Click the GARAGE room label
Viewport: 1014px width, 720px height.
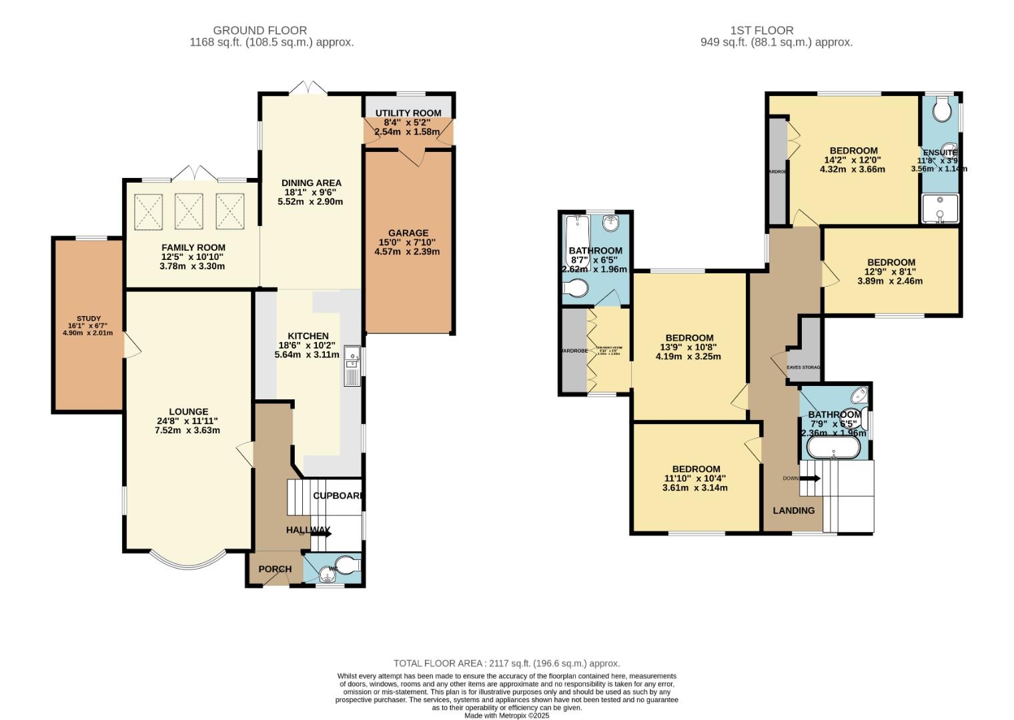tap(408, 233)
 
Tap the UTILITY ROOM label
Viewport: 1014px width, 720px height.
tap(408, 113)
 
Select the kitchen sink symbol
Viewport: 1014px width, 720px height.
tap(352, 365)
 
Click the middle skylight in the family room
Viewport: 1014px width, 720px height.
tap(189, 211)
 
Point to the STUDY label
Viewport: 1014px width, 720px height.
tap(88, 319)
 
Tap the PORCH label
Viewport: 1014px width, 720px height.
tap(275, 569)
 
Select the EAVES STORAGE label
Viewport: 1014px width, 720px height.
tap(803, 367)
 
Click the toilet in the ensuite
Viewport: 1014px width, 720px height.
tap(942, 110)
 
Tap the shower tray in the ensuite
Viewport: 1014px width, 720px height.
tap(940, 208)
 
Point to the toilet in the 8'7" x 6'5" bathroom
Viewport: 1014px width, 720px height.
tap(575, 289)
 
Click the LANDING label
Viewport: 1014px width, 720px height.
tap(794, 511)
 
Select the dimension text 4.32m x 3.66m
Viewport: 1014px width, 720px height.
tap(853, 169)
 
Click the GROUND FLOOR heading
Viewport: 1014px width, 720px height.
tap(260, 30)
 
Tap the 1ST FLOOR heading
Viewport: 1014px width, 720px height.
tap(762, 30)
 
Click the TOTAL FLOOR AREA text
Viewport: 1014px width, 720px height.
tap(506, 663)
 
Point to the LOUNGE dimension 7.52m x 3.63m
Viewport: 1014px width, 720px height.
tap(187, 431)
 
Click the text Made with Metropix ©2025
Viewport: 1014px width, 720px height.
tap(506, 715)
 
